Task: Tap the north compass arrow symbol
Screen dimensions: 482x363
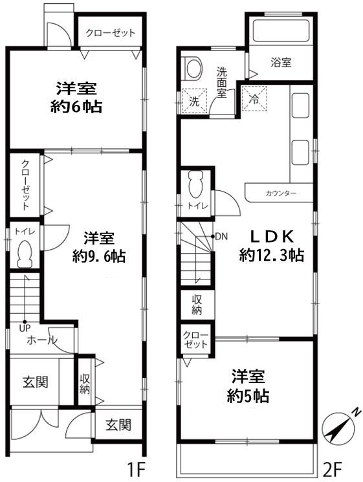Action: (x=339, y=428)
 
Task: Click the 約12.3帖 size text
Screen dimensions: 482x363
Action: (x=272, y=255)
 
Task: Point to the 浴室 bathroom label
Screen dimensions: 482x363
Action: (x=281, y=63)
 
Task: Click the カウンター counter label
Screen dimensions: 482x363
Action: (x=280, y=193)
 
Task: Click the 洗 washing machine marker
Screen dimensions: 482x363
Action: (x=194, y=100)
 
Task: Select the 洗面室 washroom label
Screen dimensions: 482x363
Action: (x=221, y=82)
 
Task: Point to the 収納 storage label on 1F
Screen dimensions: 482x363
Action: (x=85, y=384)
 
